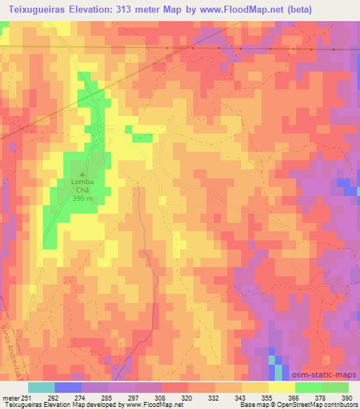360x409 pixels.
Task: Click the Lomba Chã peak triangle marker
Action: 83,175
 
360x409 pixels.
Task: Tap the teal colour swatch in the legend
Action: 41,387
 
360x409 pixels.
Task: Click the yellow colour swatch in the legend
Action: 282,387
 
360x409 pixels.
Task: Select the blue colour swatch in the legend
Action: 68,387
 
